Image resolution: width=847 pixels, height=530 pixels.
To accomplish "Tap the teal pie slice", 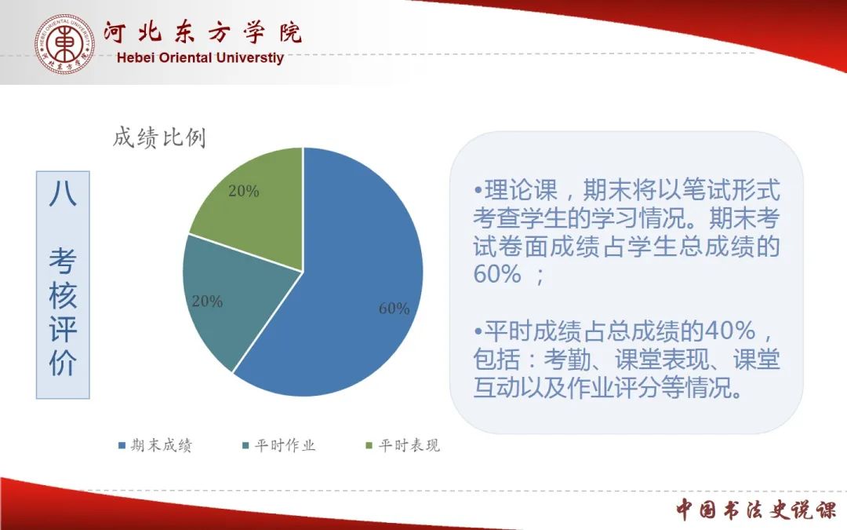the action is [227, 298].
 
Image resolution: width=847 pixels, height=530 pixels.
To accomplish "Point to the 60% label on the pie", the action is [394, 309].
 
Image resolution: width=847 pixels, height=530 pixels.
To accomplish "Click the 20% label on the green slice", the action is [244, 191].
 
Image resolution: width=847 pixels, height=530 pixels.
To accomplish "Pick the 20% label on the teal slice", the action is [207, 302].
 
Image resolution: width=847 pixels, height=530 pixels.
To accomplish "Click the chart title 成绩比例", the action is [159, 138].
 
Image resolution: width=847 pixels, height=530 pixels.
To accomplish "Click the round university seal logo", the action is [64, 44].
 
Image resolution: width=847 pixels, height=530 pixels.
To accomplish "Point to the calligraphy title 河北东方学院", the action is [202, 33].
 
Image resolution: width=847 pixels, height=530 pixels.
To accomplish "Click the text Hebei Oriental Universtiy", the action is [200, 58].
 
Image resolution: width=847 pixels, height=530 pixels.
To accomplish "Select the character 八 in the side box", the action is [63, 194].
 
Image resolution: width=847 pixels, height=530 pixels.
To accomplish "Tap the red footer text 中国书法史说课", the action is [756, 510].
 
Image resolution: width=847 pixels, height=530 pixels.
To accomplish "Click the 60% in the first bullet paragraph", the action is [497, 274].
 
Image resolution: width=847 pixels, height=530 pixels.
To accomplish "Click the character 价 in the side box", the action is [63, 362].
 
